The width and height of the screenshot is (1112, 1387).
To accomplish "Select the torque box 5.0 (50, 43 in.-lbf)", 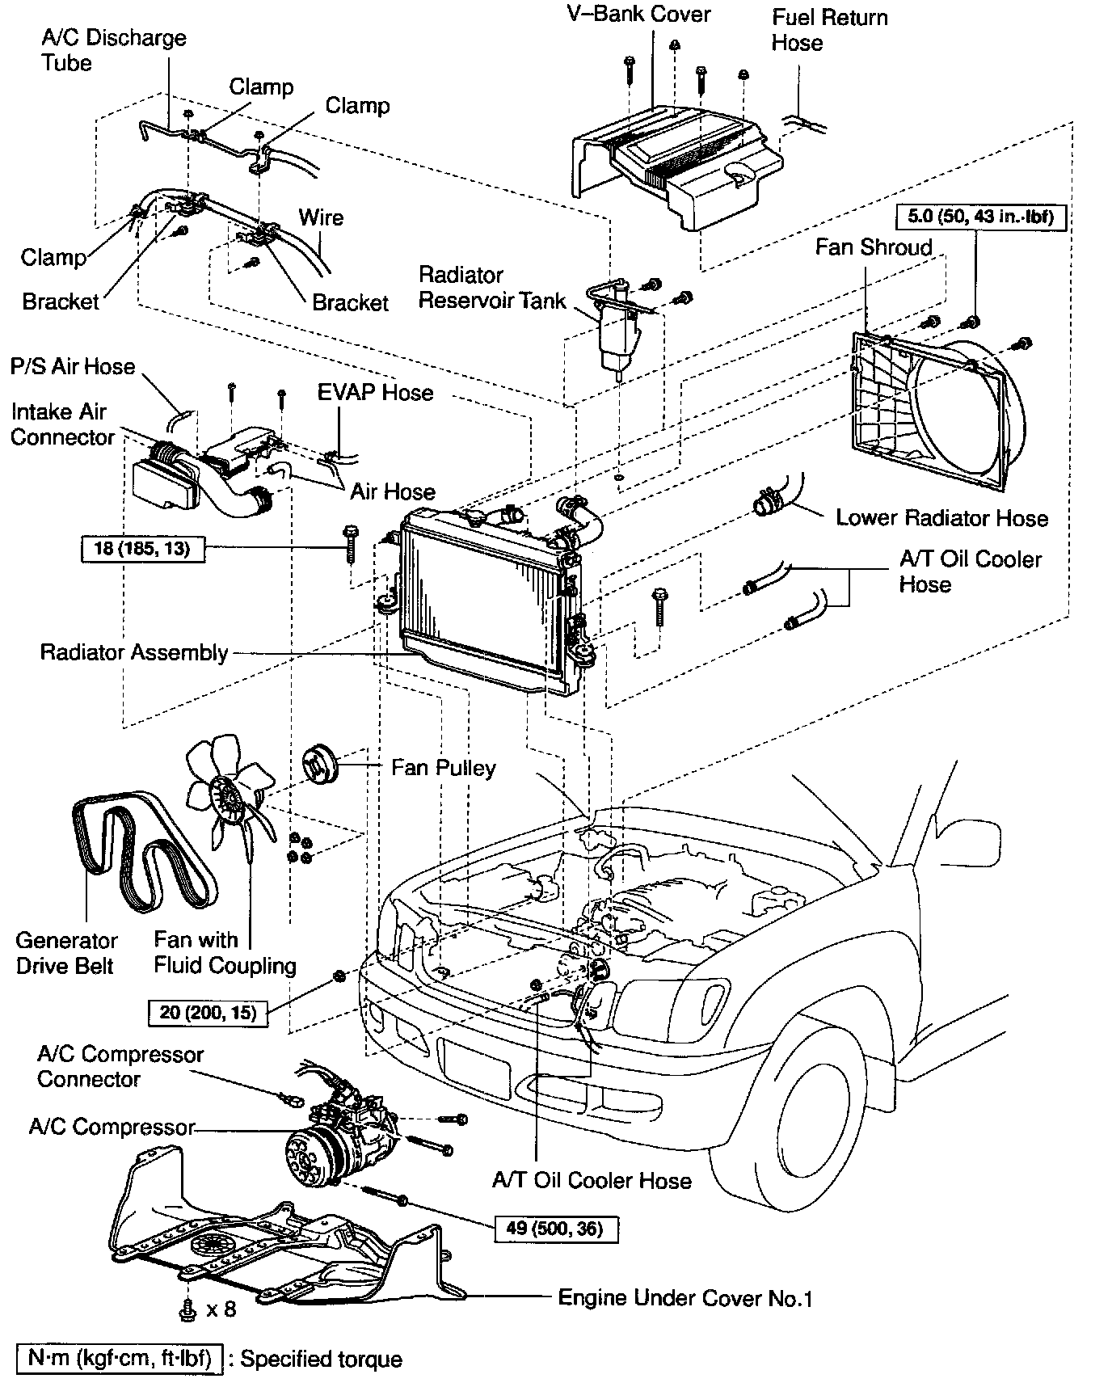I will [980, 217].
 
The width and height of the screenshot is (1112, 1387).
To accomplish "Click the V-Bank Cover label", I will [639, 15].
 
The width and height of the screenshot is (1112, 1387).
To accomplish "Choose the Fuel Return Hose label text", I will [828, 30].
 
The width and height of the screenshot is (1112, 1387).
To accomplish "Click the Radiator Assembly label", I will [134, 652].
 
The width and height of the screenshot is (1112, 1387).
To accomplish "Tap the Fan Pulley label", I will [443, 767].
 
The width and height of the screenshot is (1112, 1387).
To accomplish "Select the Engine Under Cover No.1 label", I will [684, 1298].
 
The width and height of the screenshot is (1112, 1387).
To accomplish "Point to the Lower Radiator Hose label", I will [941, 518].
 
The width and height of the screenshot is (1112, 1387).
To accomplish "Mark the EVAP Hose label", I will [375, 393].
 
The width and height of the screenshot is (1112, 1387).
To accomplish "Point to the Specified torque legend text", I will [321, 1359].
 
